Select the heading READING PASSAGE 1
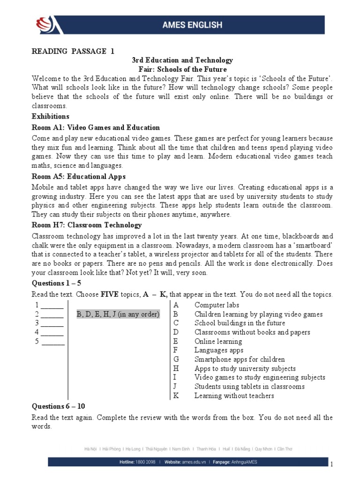point(73,52)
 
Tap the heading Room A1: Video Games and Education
point(96,127)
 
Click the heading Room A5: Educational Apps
point(78,177)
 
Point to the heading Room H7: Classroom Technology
point(86,225)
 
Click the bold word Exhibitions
point(50,116)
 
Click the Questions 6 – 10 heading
point(58,406)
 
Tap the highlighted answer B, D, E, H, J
point(118,314)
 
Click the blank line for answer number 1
point(52,305)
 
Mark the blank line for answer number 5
point(53,341)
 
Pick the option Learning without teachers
point(234,396)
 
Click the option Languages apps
point(218,350)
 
